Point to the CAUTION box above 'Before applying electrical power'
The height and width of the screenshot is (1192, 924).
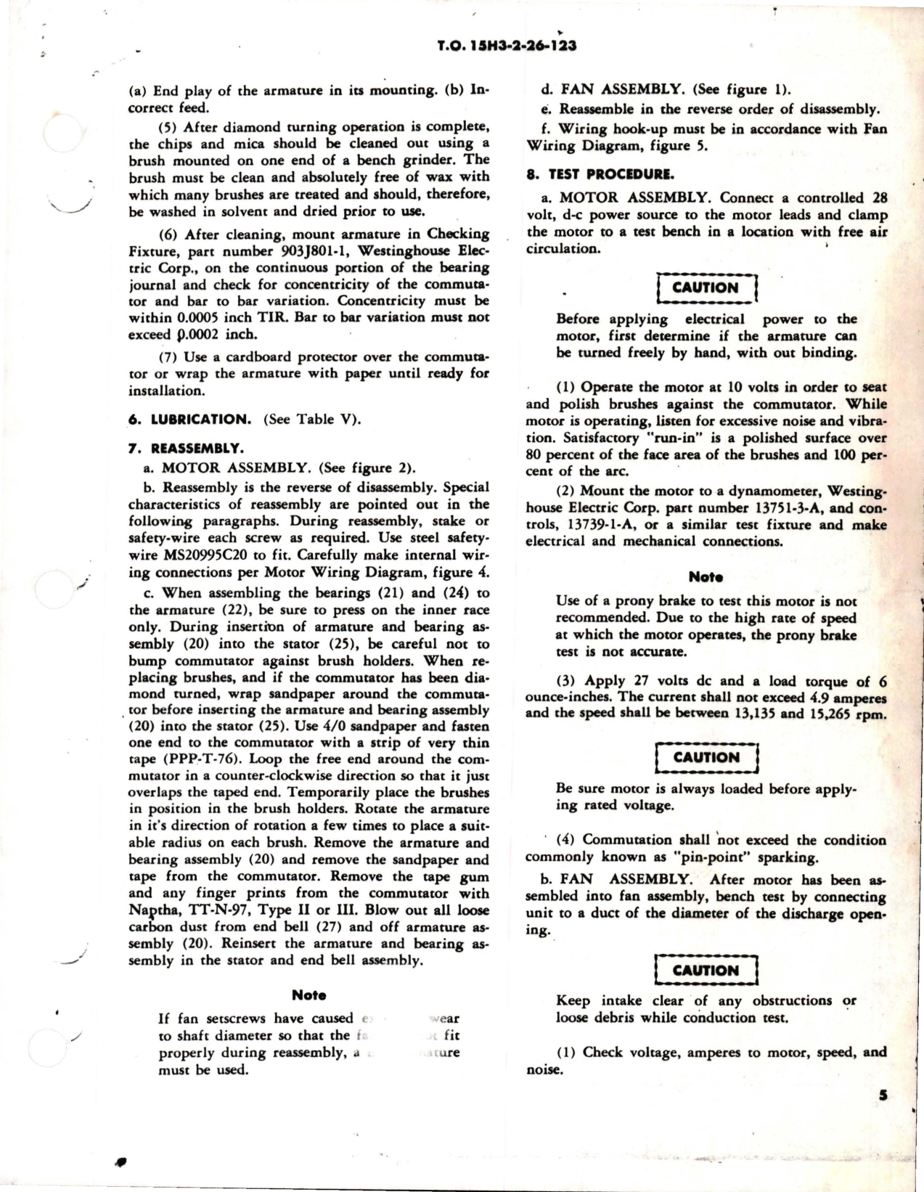click(x=706, y=287)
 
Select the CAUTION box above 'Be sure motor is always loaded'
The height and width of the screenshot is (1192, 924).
click(x=706, y=757)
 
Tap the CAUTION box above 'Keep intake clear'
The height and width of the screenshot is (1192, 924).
click(x=706, y=970)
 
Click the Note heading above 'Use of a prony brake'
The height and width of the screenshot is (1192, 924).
click(x=706, y=578)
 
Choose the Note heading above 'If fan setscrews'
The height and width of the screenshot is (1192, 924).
click(x=308, y=995)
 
